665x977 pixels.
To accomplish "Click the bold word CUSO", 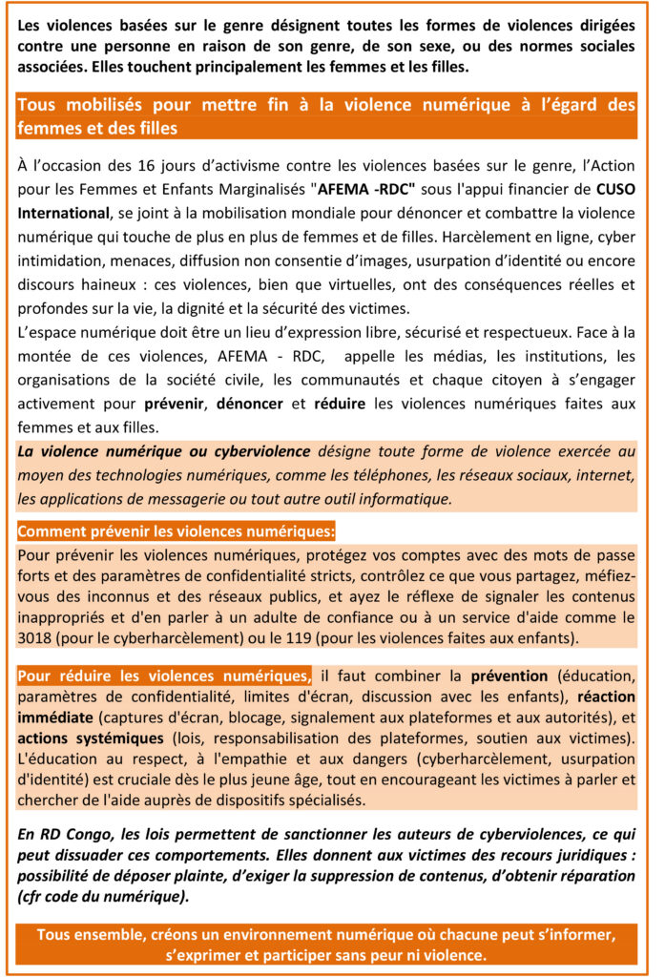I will click(614, 189).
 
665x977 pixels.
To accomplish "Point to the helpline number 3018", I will click(37, 636).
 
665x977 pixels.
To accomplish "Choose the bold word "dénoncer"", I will click(250, 404).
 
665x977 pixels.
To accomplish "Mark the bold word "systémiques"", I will click(121, 738).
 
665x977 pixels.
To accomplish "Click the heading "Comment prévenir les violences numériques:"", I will click(177, 530).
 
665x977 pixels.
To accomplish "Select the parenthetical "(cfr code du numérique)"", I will click(101, 897).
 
